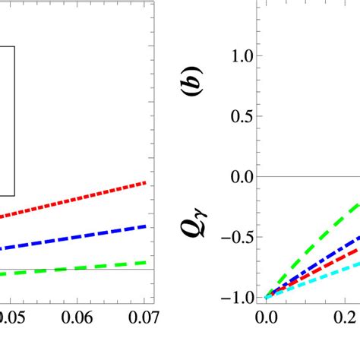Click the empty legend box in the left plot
point(7,122)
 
